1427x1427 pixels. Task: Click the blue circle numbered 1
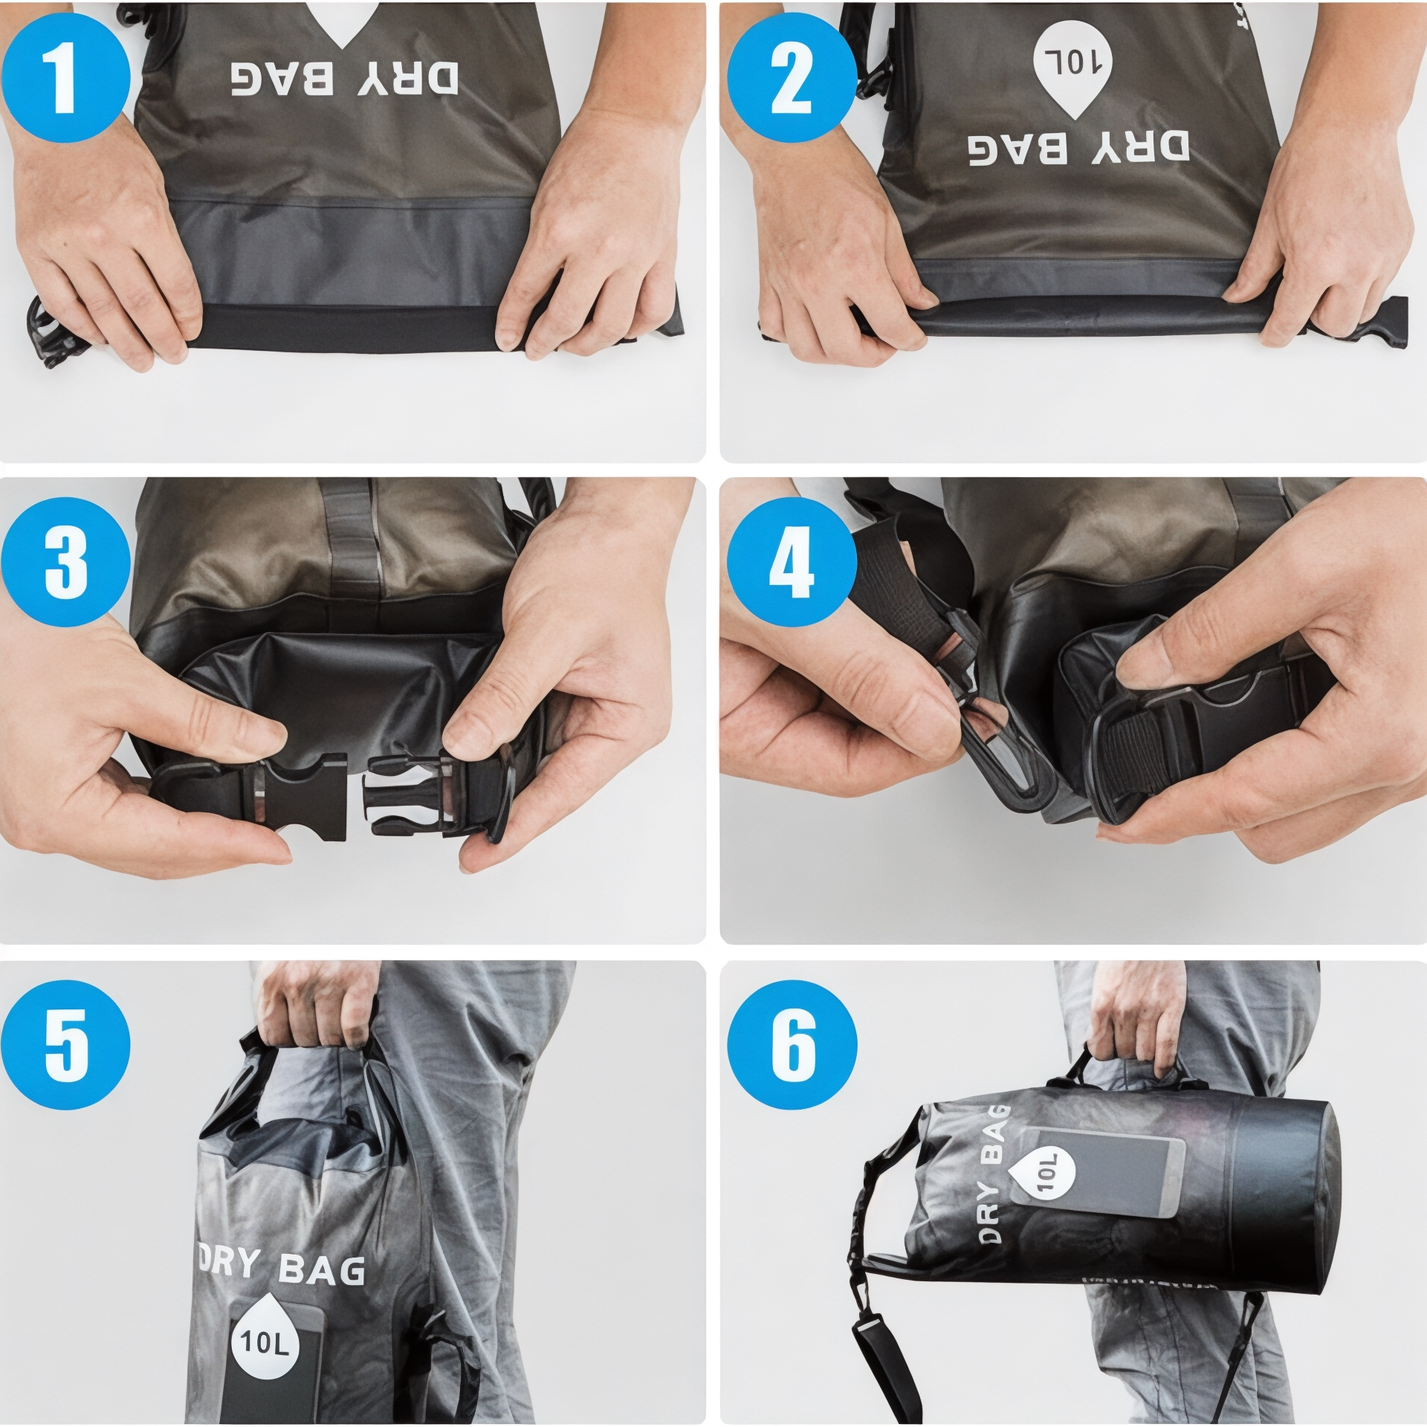(x=65, y=77)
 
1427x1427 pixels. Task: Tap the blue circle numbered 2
(x=792, y=77)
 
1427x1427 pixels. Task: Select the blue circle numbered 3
(x=65, y=562)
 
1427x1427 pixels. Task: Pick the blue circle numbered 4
(x=792, y=562)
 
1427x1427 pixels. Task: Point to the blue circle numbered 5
(x=65, y=1045)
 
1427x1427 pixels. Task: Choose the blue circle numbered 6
(x=792, y=1045)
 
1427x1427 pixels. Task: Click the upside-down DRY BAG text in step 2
(x=1078, y=148)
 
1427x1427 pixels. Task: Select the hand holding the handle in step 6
(x=1137, y=1023)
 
